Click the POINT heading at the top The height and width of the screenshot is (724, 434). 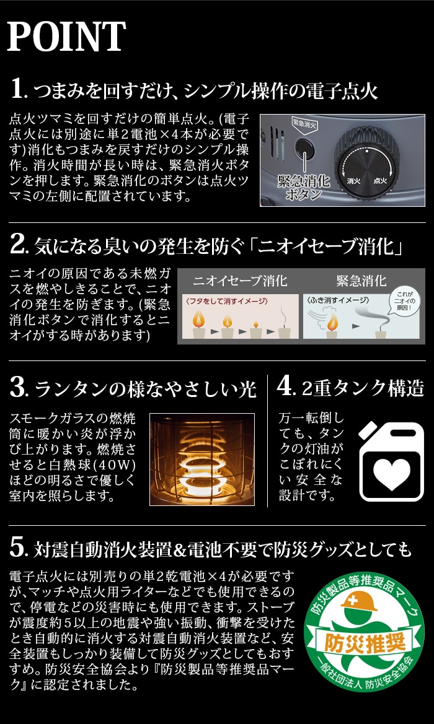[x=66, y=36]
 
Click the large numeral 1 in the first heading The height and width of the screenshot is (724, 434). [x=17, y=89]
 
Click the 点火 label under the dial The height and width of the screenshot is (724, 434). [x=381, y=181]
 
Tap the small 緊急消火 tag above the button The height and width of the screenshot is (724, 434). [x=303, y=123]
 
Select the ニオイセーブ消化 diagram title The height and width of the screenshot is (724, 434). [x=240, y=281]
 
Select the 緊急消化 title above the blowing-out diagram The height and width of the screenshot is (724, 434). [x=361, y=281]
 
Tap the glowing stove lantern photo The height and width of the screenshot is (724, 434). [x=202, y=459]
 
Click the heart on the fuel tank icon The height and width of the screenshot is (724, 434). [x=392, y=474]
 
